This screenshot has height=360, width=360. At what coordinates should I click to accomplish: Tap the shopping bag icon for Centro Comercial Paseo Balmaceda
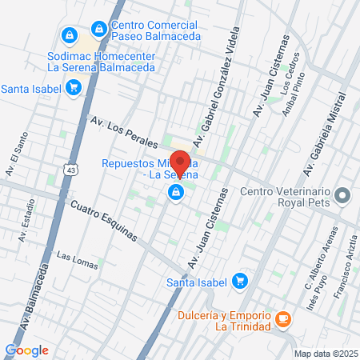click(x=98, y=29)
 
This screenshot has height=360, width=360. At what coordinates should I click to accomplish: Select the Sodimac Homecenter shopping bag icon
click(x=68, y=36)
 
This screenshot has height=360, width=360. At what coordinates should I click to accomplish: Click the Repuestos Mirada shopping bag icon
click(x=174, y=192)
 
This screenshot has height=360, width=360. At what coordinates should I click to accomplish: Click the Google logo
click(x=26, y=350)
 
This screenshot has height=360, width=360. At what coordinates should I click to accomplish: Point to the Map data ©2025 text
click(x=324, y=354)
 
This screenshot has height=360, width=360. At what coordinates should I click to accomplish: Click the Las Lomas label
click(x=74, y=256)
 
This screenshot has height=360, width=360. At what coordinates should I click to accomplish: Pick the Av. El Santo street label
click(x=11, y=159)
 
